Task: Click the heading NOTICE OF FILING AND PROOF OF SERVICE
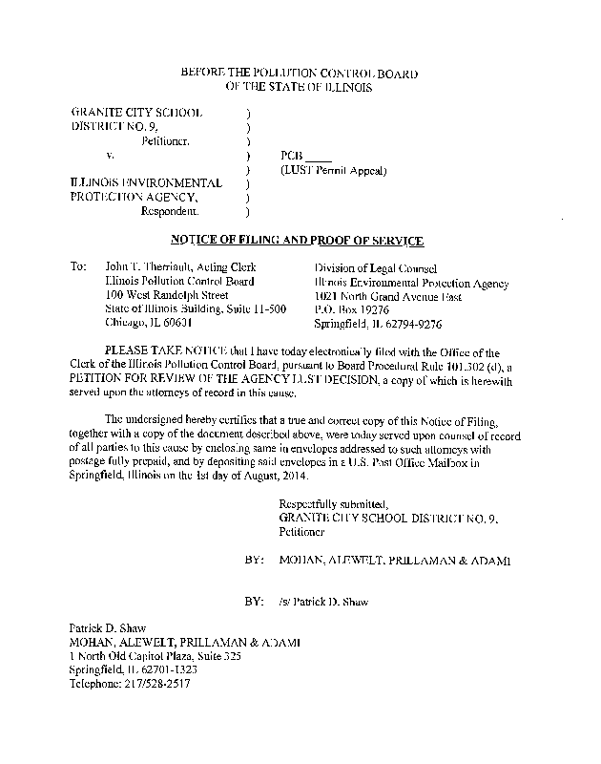[296, 240]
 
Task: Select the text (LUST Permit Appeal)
[333, 171]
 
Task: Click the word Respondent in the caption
[171, 210]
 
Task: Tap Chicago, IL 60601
[148, 324]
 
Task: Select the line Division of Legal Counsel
[376, 268]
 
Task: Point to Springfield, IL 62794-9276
[379, 324]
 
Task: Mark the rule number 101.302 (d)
[462, 367]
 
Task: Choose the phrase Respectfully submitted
[333, 502]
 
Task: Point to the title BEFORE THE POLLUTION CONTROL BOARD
[299, 74]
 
